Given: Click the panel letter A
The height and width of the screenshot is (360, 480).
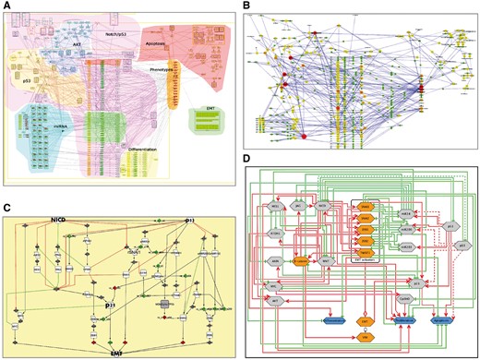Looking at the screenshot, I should pyautogui.click(x=6, y=6).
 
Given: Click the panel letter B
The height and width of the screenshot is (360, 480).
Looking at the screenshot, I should pyautogui.click(x=246, y=6).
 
